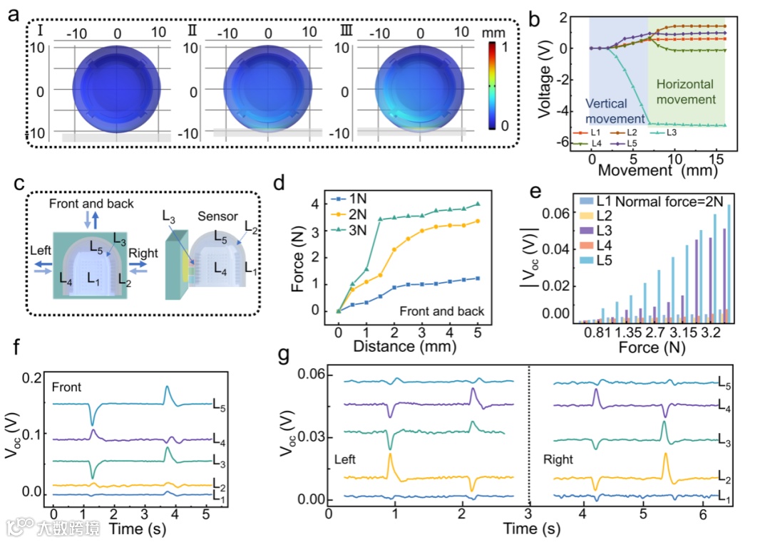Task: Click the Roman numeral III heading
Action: [x=348, y=32]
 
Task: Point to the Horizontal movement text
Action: [x=685, y=91]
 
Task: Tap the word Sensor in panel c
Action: [x=212, y=216]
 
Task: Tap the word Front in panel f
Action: [x=66, y=387]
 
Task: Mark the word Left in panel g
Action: [x=345, y=460]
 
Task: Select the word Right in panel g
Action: [x=558, y=460]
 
